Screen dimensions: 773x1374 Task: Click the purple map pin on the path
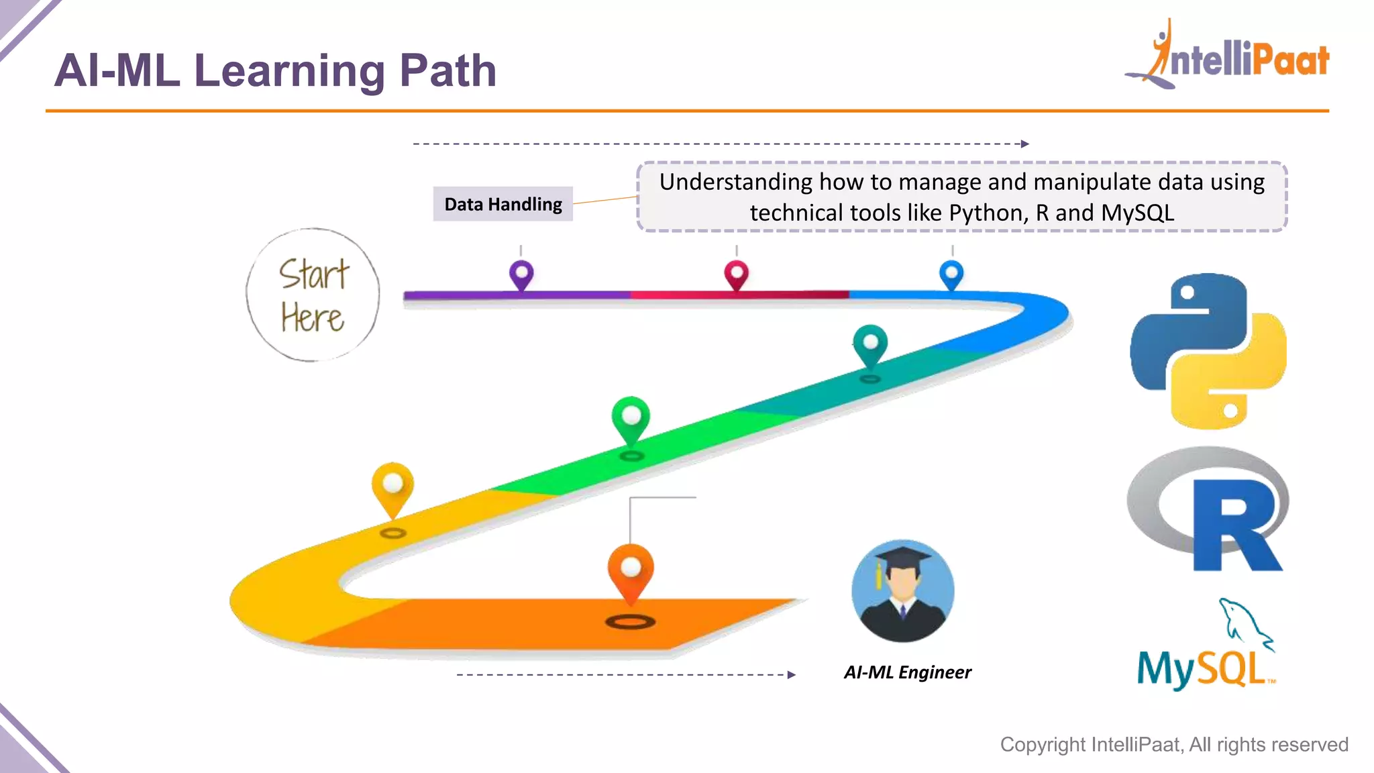[521, 274]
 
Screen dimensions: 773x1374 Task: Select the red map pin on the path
[736, 274]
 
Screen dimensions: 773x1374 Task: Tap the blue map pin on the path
[951, 274]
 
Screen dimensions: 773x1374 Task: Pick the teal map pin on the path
[870, 344]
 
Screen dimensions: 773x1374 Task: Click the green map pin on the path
[631, 417]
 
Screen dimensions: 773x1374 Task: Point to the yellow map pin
[392, 485]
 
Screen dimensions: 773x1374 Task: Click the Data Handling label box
[503, 204]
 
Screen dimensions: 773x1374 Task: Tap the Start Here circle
[313, 295]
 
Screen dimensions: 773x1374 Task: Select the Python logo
[1208, 351]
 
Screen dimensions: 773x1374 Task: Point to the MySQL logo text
[1201, 669]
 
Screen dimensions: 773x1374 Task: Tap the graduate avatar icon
[903, 591]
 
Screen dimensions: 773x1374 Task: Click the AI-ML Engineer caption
[907, 672]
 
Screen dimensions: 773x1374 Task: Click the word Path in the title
[447, 70]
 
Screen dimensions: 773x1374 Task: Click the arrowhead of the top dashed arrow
[1024, 144]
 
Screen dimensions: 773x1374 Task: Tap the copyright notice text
[1173, 744]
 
